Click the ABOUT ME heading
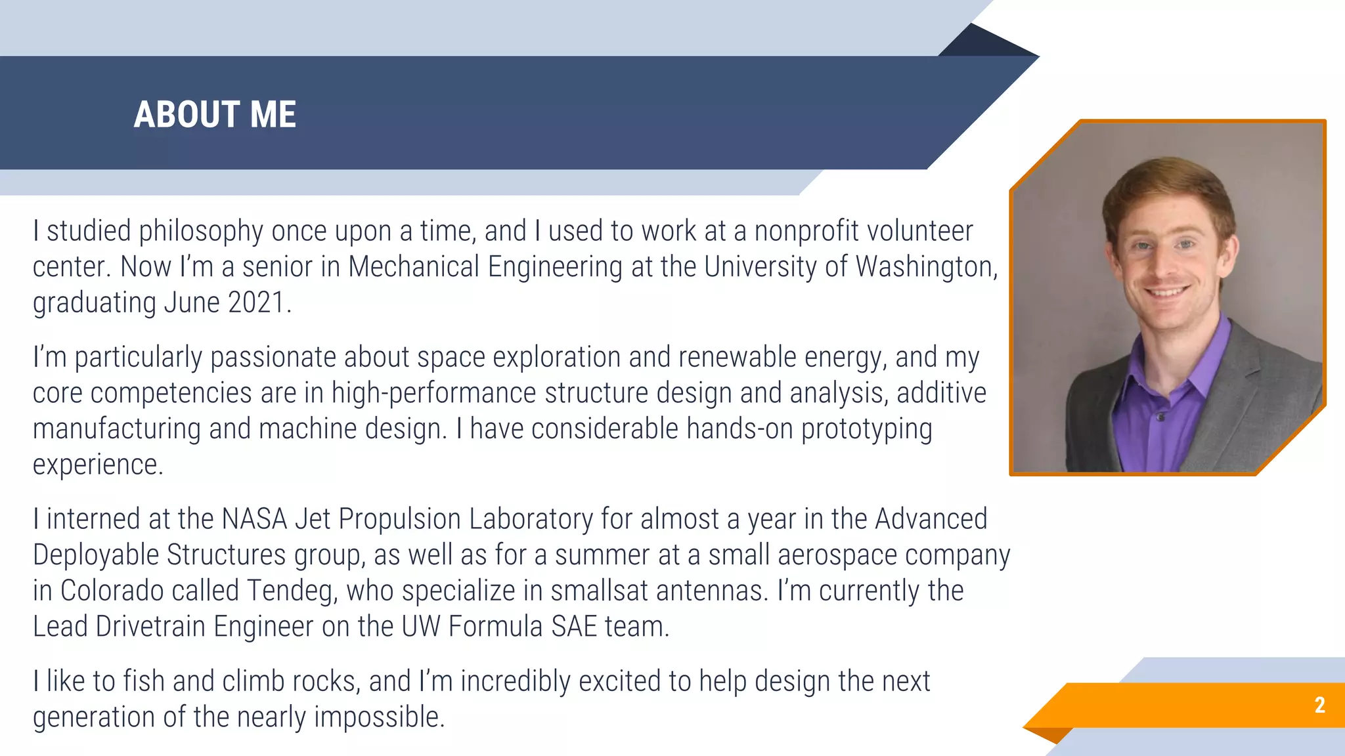pos(215,115)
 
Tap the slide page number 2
pos(1319,705)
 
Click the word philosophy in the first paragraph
pos(201,232)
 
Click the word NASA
pos(254,519)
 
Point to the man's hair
pos(1166,180)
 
